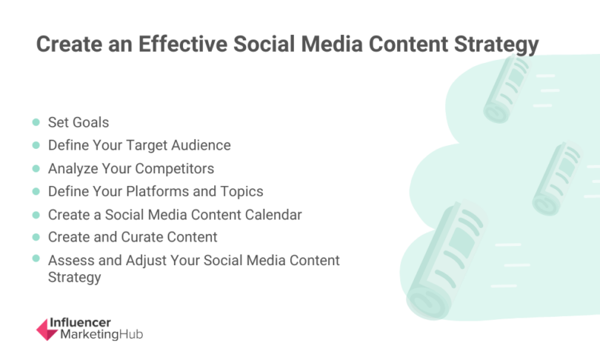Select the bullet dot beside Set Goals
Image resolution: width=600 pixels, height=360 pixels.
pyautogui.click(x=36, y=122)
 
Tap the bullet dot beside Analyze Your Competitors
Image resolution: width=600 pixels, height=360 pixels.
pyautogui.click(x=36, y=168)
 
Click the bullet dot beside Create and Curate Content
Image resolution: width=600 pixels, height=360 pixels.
pyautogui.click(x=36, y=237)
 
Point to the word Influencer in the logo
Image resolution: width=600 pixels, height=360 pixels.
pyautogui.click(x=80, y=323)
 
